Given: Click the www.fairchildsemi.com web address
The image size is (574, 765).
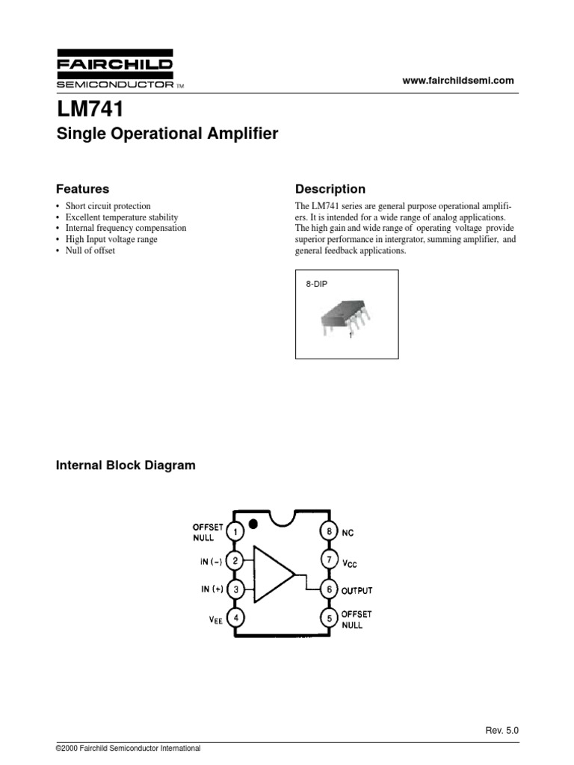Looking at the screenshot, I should (459, 81).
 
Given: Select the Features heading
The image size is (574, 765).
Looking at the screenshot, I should (83, 189).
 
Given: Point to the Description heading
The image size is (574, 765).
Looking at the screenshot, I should (330, 189).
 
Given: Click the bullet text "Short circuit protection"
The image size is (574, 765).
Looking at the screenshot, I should (108, 205).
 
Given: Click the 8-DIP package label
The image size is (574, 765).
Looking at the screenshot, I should (317, 285).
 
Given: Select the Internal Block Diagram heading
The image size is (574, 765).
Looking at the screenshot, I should (126, 465).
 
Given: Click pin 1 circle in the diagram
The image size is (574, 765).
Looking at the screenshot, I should (235, 532).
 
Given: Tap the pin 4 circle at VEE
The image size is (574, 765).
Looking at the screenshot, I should (235, 618).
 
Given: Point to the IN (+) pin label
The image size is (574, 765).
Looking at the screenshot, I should (212, 589).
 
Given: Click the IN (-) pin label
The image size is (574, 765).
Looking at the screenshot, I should (212, 560).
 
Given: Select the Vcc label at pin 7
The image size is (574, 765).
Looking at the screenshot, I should (351, 561).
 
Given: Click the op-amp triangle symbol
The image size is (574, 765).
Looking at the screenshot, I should (273, 574).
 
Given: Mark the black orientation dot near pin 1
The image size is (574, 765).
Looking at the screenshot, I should (255, 524).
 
